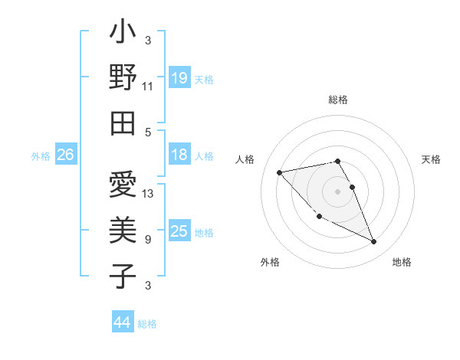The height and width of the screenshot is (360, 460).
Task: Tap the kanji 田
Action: pos(123,123)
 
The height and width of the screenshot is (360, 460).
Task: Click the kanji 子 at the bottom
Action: pos(123,275)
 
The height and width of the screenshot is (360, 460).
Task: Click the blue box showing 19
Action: pos(179,77)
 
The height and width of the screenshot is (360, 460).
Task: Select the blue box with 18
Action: pos(179,155)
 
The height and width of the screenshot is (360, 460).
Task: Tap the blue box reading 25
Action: pos(179,231)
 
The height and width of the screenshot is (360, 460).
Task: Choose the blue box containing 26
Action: pos(65,155)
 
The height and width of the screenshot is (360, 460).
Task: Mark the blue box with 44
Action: pos(122,322)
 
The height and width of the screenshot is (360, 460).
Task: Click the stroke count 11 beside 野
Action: pos(147,86)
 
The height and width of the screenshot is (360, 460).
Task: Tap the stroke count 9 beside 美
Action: pos(147,239)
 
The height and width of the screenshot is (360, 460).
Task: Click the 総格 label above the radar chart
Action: pos(338,100)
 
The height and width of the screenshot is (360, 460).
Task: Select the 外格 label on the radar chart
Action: pos(270,262)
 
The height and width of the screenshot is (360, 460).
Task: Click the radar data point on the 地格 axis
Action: pos(374,242)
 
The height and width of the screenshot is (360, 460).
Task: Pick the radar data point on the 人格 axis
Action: pos(279,172)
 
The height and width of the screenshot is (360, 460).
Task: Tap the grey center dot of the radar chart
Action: pos(338,191)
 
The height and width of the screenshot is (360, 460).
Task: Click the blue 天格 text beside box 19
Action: pos(204,79)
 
